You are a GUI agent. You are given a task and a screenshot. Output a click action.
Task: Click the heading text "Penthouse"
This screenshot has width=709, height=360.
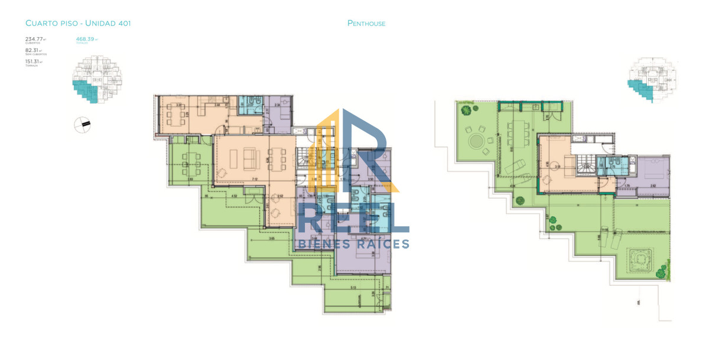366,24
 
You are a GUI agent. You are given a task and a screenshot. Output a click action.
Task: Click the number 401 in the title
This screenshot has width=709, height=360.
123,24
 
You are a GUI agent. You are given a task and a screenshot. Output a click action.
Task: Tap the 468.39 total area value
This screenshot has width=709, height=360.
85,40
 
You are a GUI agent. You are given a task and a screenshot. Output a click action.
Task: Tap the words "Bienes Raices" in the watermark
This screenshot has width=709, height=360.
353,244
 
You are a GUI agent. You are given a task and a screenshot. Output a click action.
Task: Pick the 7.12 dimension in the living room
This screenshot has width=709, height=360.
254,179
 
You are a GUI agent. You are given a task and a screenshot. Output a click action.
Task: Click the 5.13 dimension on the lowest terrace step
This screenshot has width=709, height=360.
353,287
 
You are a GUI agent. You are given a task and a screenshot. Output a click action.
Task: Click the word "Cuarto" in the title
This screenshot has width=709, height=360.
39,24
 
